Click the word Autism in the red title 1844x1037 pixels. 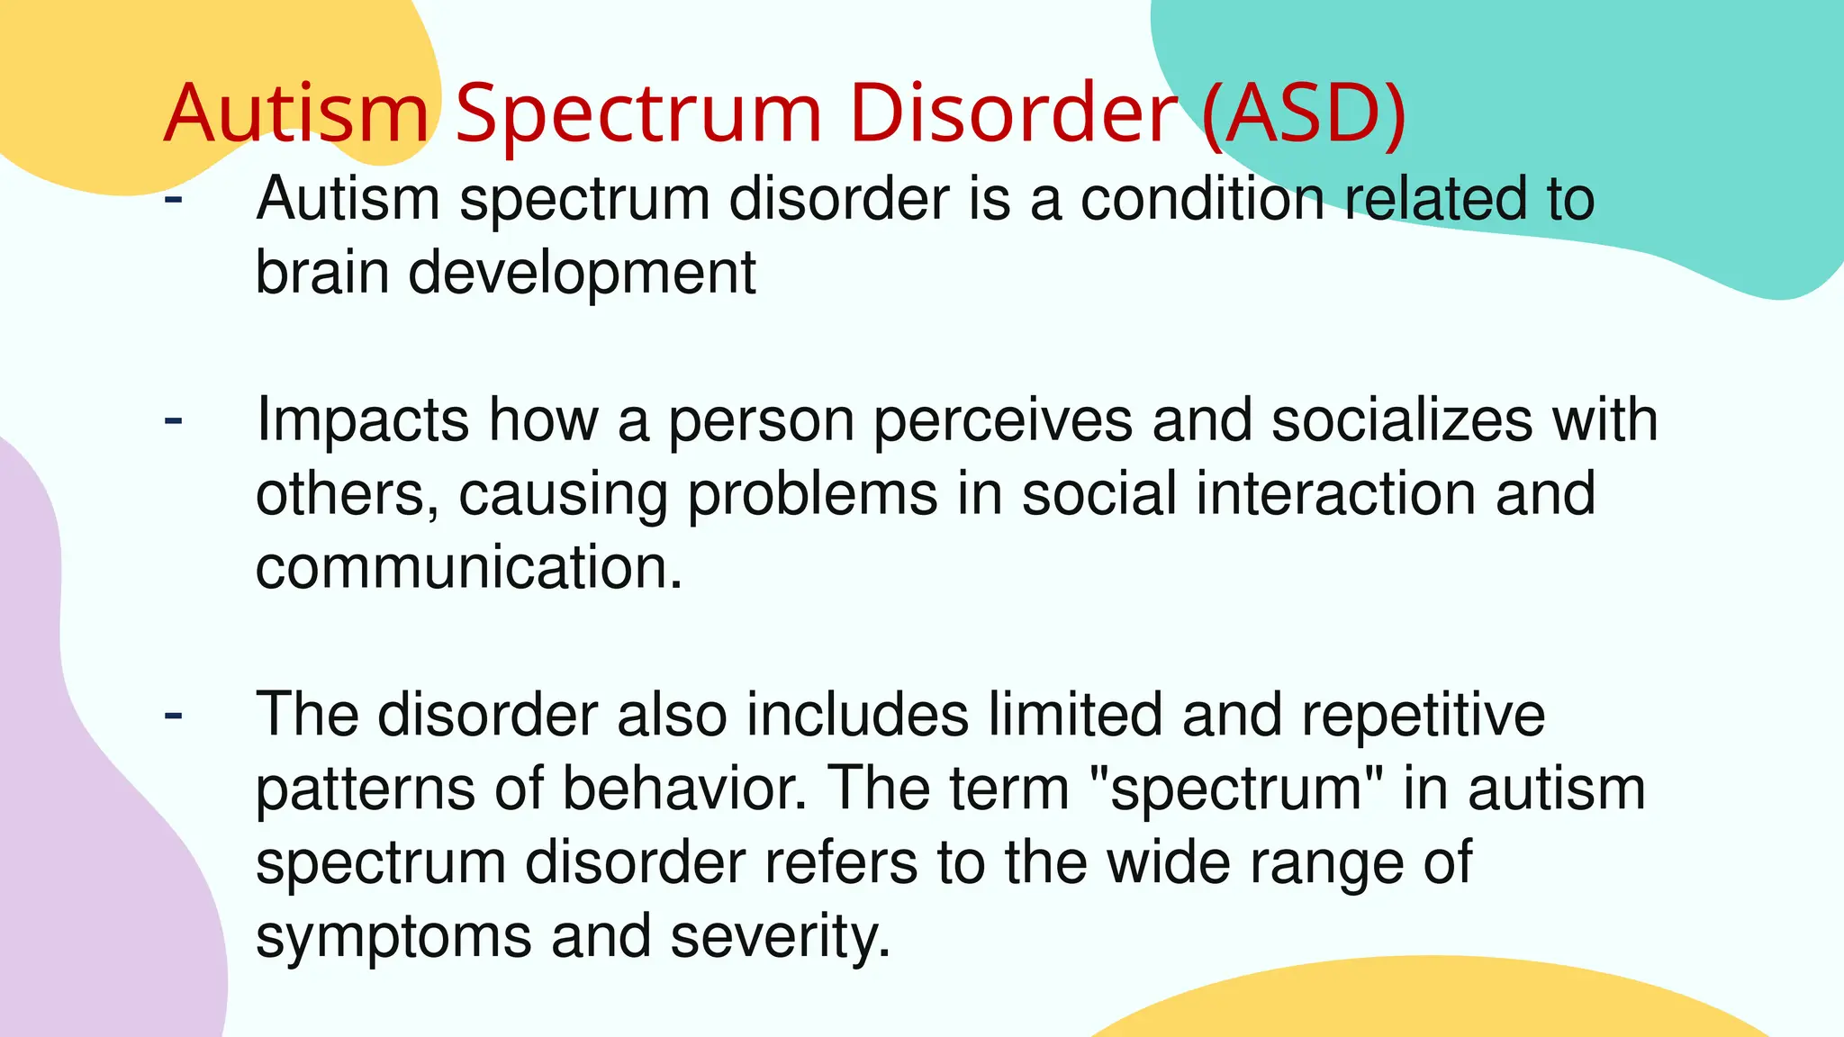[x=297, y=113]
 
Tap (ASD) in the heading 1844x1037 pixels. [x=1304, y=113]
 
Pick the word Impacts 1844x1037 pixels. [x=363, y=421]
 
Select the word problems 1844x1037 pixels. [x=812, y=495]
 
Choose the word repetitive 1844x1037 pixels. [x=1424, y=717]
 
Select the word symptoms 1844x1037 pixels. [x=393, y=938]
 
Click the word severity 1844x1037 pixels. [x=780, y=938]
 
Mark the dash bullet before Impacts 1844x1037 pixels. [x=174, y=419]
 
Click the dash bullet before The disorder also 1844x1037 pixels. [x=174, y=715]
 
